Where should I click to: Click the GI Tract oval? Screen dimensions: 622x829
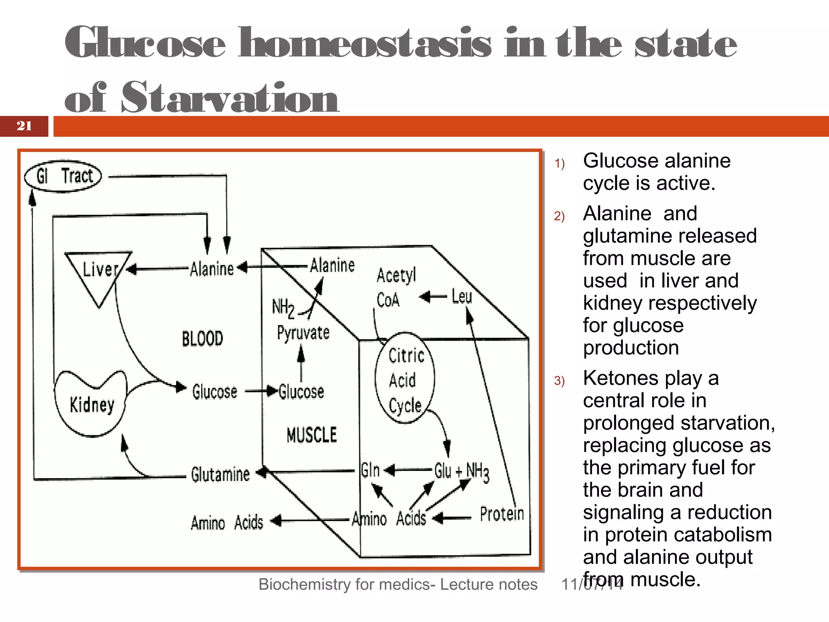[x=63, y=177]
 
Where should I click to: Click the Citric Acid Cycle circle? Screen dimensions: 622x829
[x=405, y=379]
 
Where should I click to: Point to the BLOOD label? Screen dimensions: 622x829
[x=202, y=339]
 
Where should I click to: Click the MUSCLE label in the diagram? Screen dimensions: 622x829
[x=311, y=435]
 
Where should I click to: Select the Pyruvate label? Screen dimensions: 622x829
[x=303, y=333]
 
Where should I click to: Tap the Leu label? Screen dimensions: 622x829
[x=461, y=297]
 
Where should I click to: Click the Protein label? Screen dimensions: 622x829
[x=502, y=514]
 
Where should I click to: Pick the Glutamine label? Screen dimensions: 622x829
[x=220, y=474]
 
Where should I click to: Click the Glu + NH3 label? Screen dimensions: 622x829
[x=461, y=472]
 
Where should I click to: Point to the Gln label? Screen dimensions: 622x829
[x=370, y=471]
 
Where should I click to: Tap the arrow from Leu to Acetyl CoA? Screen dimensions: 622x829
[x=433, y=297]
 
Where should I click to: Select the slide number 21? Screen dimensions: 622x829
[x=24, y=126]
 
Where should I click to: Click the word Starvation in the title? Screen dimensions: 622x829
[x=230, y=98]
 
